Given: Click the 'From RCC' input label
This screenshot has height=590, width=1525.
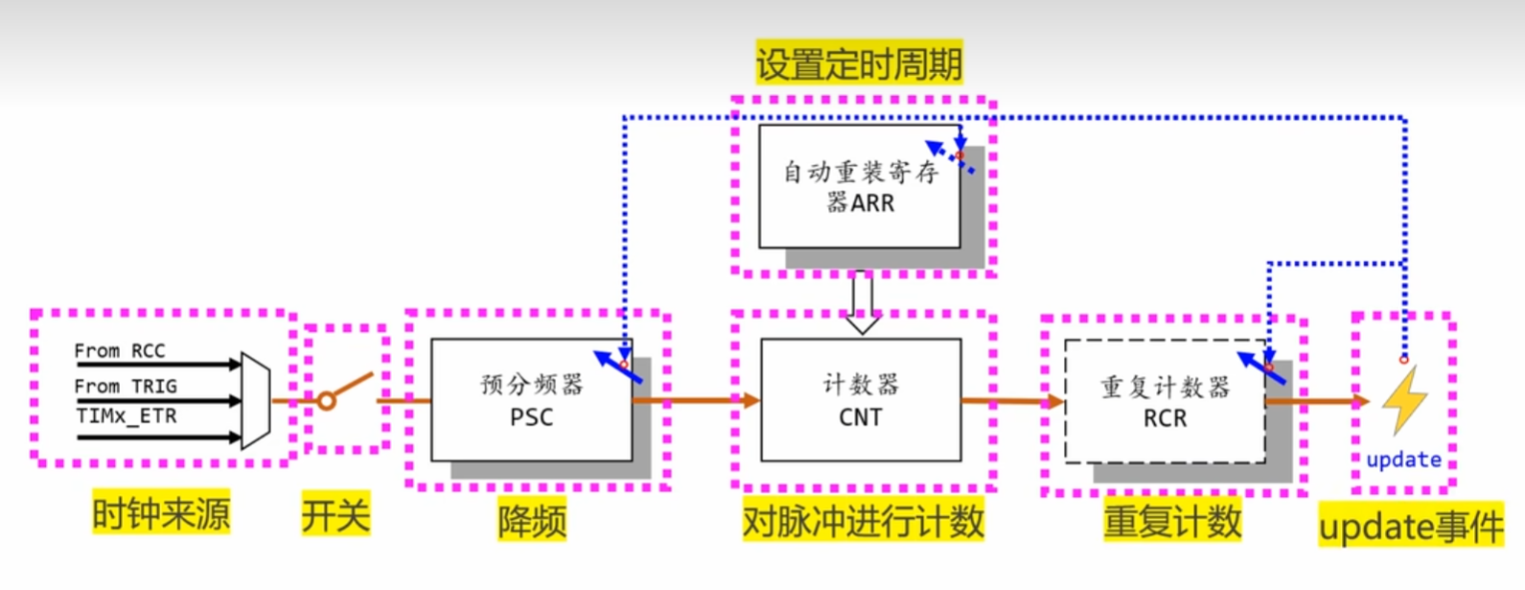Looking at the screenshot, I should tap(120, 351).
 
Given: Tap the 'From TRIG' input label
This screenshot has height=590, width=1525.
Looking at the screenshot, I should tap(126, 386).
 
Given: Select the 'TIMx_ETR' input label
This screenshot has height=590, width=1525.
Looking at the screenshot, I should tap(126, 416).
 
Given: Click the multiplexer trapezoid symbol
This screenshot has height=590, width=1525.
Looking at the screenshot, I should tap(255, 400).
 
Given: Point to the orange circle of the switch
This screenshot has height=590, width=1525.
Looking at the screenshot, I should tap(327, 401).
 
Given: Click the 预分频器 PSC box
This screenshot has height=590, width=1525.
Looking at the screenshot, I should tap(531, 400).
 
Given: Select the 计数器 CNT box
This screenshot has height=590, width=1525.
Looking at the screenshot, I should tap(860, 400).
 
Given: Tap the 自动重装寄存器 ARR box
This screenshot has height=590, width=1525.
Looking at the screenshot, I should tap(859, 187).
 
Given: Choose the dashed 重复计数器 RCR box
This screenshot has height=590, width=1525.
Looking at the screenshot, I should tap(1165, 402).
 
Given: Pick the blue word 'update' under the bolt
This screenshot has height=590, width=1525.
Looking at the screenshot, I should tap(1403, 460).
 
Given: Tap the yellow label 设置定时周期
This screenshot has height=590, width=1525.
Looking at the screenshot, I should tap(859, 64).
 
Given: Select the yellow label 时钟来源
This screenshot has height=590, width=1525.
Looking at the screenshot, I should tap(161, 514).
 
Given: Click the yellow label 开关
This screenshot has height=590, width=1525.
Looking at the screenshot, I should tap(335, 515).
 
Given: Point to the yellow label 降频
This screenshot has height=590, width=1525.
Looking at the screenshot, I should tap(531, 521).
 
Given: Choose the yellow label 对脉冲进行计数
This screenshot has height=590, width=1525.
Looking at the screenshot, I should tap(863, 521).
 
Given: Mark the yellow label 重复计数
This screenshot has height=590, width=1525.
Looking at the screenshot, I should tap(1171, 521).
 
